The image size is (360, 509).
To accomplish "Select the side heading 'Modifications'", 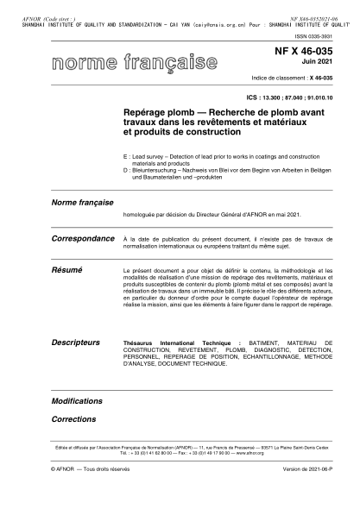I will [77, 402].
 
